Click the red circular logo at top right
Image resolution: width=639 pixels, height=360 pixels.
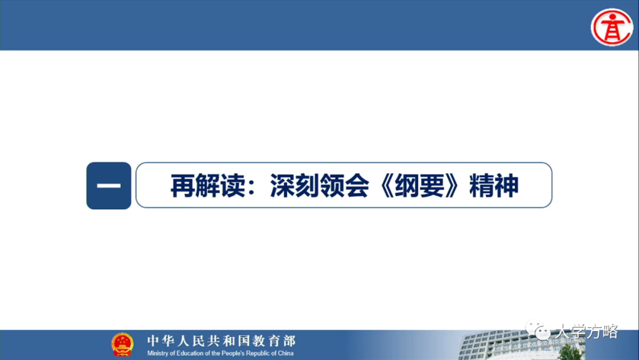tap(612, 27)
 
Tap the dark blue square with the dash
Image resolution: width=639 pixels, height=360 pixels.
tap(109, 185)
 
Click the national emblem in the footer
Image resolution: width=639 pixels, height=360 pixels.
tap(122, 345)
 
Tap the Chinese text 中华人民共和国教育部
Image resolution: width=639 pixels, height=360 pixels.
tap(221, 340)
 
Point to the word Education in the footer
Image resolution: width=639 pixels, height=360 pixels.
tap(189, 353)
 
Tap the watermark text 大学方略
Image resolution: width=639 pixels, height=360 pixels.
tap(585, 332)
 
